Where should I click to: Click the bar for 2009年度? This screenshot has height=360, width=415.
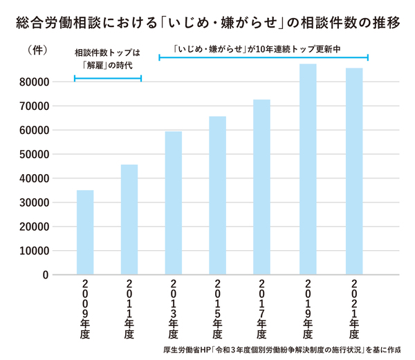[x=85, y=232]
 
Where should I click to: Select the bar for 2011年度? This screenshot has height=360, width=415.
[x=129, y=219]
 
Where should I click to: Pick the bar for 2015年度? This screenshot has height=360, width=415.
[x=218, y=195]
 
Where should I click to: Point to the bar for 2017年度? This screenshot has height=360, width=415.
[x=262, y=187]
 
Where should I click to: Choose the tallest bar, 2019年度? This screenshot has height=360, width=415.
[x=308, y=169]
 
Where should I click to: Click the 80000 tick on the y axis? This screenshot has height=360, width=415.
[x=33, y=82]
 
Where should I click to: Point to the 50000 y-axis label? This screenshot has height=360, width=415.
[x=33, y=154]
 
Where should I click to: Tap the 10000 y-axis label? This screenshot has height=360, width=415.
[x=33, y=251]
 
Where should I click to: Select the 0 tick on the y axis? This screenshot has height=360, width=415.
[x=45, y=275]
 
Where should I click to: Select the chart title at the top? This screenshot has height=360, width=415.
[x=207, y=22]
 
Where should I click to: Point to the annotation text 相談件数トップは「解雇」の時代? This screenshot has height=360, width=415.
[x=107, y=59]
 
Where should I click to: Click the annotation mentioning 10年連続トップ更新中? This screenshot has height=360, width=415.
[x=263, y=49]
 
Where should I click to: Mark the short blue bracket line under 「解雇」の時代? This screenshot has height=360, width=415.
[x=107, y=79]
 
